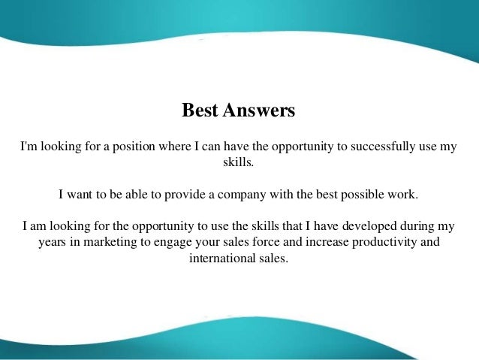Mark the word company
[x=228, y=194]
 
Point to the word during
[x=420, y=225]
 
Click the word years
[x=53, y=243]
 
